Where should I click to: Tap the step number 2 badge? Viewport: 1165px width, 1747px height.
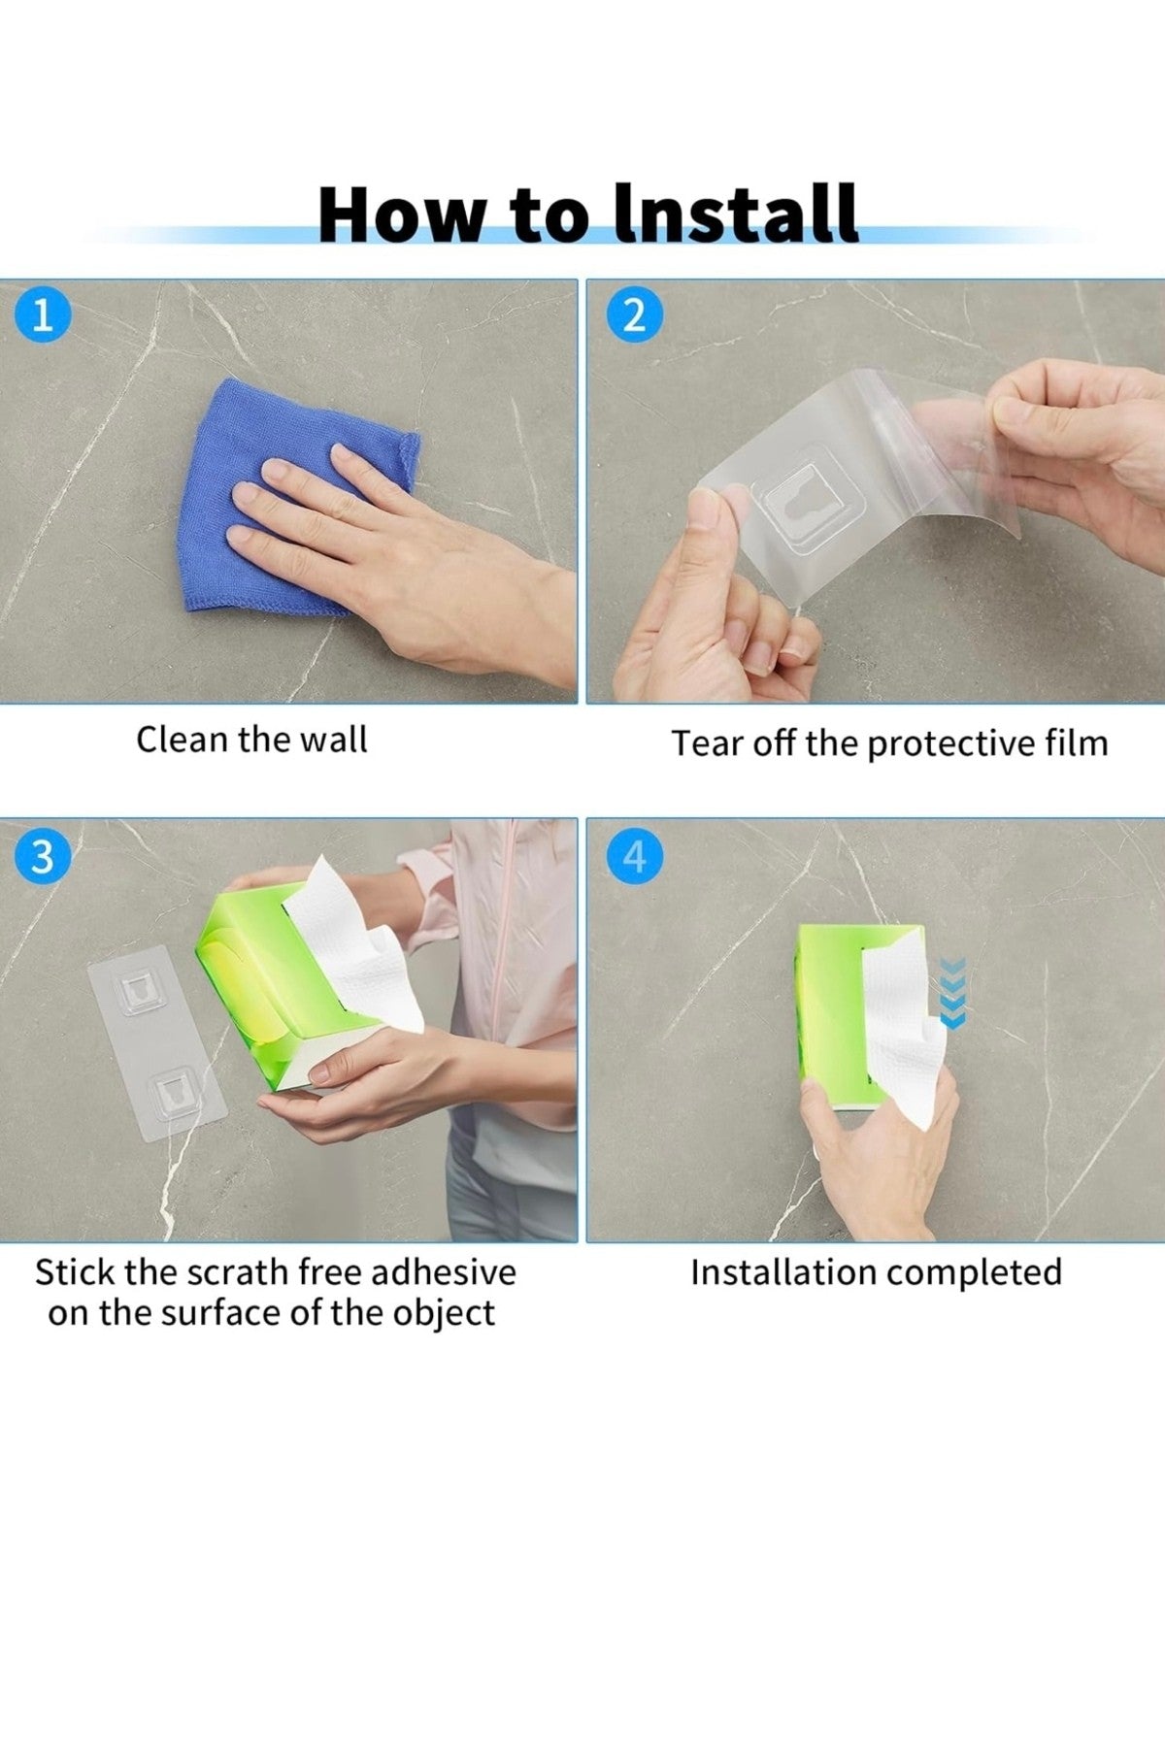pos(634,316)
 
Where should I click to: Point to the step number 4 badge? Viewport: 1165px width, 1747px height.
pos(634,857)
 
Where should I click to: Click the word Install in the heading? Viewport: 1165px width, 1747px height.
pos(737,214)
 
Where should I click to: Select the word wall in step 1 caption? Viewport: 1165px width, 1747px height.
pos(333,740)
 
